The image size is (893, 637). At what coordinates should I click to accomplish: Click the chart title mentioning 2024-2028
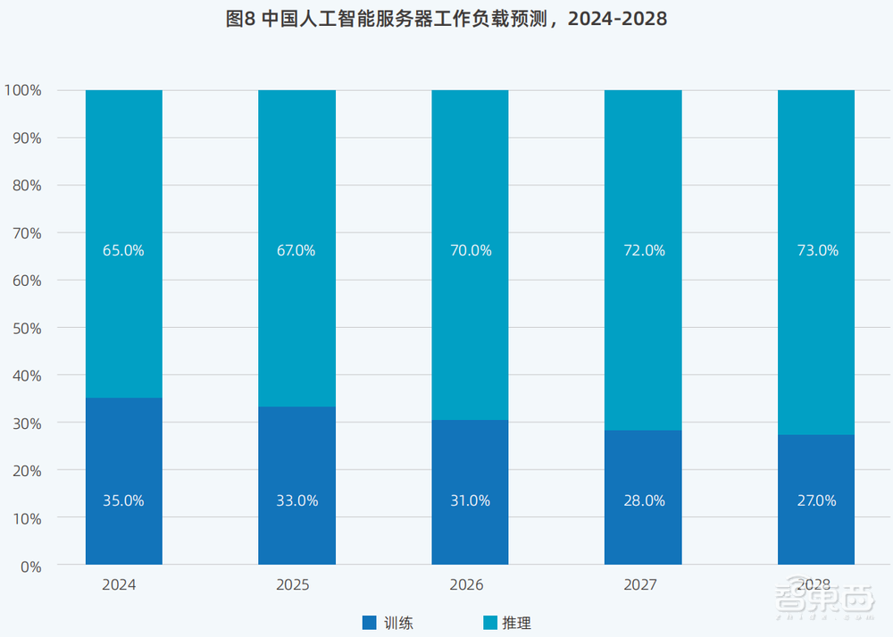pyautogui.click(x=446, y=19)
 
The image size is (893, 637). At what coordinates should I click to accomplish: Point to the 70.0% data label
pyautogui.click(x=470, y=251)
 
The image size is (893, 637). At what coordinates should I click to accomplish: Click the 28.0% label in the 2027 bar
pyautogui.click(x=643, y=501)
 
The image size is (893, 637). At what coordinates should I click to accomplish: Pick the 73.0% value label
pyautogui.click(x=816, y=251)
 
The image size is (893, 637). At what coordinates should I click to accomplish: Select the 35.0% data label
pyautogui.click(x=123, y=501)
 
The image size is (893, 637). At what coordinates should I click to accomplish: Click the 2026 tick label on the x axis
pyautogui.click(x=467, y=585)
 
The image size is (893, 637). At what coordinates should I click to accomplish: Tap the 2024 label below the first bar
pyautogui.click(x=120, y=585)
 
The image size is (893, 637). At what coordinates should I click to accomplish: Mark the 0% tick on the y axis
pyautogui.click(x=30, y=566)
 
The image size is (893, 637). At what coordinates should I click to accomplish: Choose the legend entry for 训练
pyautogui.click(x=388, y=623)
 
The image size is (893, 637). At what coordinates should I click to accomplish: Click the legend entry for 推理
pyautogui.click(x=507, y=623)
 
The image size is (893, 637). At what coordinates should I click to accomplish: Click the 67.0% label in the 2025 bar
pyautogui.click(x=296, y=251)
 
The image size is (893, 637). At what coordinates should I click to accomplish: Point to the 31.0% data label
pyautogui.click(x=470, y=501)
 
